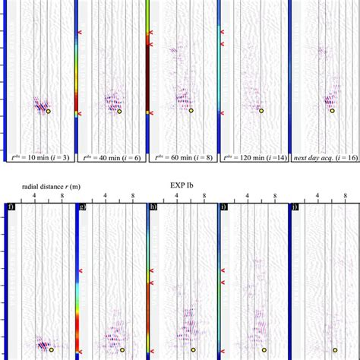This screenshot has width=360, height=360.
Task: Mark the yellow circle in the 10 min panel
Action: tap(48, 111)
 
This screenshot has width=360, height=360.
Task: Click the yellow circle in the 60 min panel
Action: tap(191, 111)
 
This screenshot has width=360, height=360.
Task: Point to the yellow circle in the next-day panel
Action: tap(332, 111)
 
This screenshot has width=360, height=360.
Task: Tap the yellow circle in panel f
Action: tap(50, 350)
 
